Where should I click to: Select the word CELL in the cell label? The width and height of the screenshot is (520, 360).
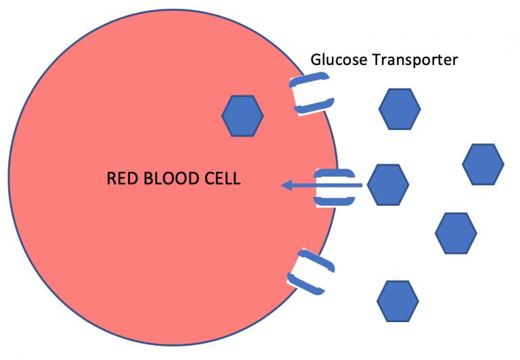coord(220,179)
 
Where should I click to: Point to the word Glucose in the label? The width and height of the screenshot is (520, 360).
coord(334,60)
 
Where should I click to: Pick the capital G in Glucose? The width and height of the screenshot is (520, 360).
coord(316,60)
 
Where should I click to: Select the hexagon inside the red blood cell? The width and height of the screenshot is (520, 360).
coord(242,116)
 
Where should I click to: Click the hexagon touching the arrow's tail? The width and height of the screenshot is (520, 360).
coord(388,184)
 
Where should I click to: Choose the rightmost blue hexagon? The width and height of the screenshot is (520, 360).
coord(483,164)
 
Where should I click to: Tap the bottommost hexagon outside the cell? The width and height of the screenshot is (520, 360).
coord(397,300)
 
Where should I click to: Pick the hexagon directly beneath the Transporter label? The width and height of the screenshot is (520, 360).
coord(399,108)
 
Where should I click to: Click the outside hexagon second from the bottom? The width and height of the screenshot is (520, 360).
coord(456,233)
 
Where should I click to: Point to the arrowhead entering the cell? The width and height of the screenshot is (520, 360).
coord(287,185)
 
